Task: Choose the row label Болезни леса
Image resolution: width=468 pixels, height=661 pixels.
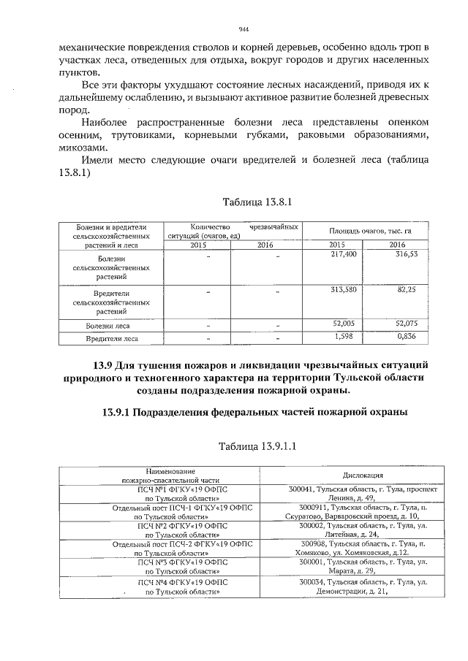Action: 107,326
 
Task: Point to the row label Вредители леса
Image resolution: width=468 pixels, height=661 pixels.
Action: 107,339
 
